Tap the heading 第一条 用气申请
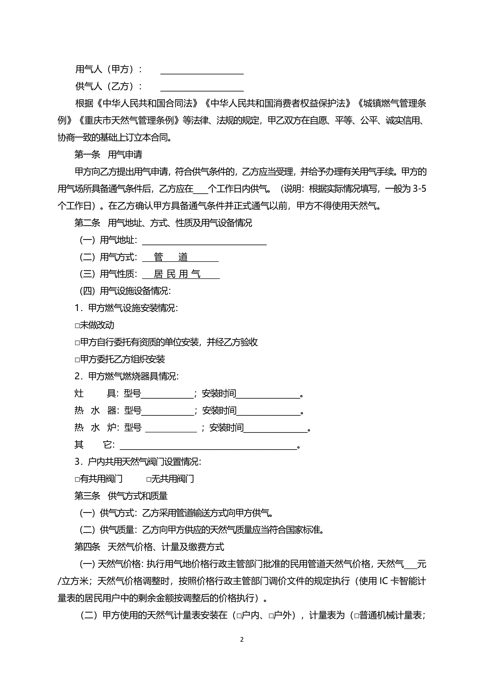tap(108, 154)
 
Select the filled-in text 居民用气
tap(177, 274)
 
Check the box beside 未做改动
tap(77, 326)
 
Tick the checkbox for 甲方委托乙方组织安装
tap(77, 360)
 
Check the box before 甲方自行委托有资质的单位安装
tap(77, 343)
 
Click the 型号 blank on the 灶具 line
tap(167, 394)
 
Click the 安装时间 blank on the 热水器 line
tap(268, 412)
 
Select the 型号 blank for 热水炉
tap(171, 428)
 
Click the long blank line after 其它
tap(208, 445)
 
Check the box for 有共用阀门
tap(77, 479)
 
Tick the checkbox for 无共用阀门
tap(149, 479)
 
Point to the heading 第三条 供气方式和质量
tap(121, 496)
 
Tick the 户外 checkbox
tap(271, 616)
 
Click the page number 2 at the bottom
tap(242, 639)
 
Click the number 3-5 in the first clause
tap(419, 189)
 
